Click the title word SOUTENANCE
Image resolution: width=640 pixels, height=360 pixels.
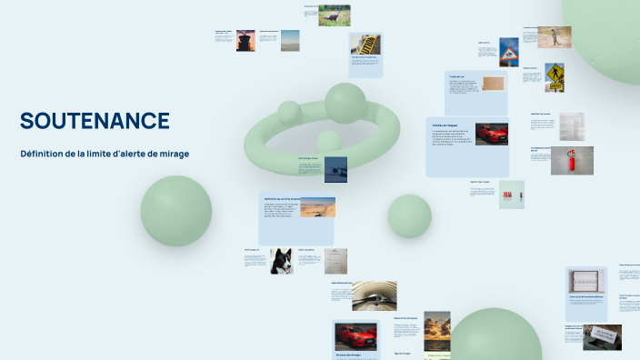coord(95,121)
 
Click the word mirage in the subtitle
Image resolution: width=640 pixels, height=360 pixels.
coord(172,154)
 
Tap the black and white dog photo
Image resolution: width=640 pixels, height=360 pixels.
coord(282,261)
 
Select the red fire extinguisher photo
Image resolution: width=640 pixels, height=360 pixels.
coord(572,160)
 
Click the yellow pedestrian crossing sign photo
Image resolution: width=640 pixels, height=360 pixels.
coord(554,77)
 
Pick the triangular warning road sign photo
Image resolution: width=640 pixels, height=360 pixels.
coord(509,52)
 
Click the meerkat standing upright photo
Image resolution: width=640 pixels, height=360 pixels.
coord(554,36)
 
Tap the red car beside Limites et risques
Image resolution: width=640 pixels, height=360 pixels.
coord(491,134)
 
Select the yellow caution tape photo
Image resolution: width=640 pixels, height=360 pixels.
coord(367,45)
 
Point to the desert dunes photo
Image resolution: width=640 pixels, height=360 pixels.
coord(317,207)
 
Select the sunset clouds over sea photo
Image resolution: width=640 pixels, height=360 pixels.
coord(437,329)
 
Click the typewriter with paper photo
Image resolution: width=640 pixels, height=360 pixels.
coord(602,336)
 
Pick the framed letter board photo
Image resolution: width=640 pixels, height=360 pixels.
coord(586,281)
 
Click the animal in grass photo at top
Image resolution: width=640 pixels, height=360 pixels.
coord(335,15)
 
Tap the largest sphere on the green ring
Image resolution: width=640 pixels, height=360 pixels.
coord(345,103)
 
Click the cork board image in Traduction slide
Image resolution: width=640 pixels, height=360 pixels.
coord(492,84)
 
